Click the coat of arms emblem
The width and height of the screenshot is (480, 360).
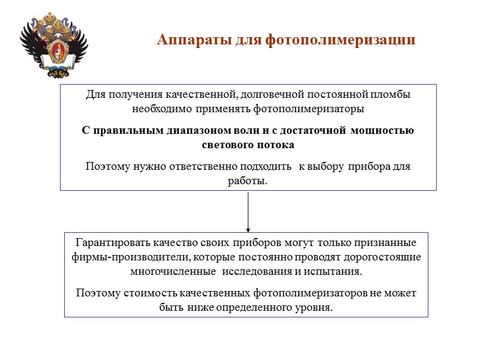(x=54, y=47)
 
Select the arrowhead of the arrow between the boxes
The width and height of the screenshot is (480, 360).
(x=248, y=229)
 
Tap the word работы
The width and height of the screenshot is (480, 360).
(x=247, y=181)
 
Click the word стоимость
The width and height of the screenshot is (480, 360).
(x=143, y=293)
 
